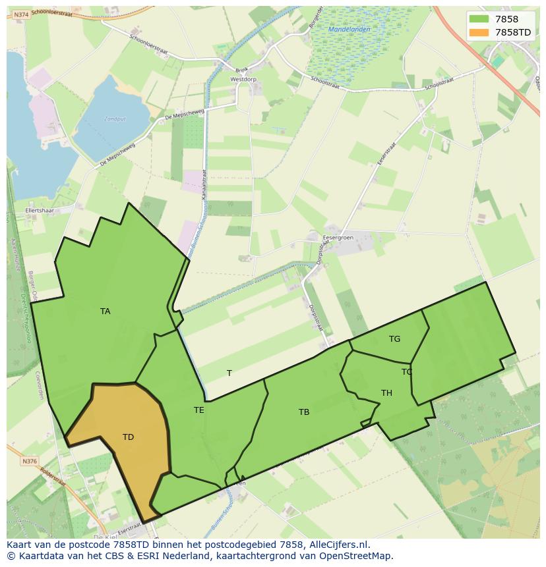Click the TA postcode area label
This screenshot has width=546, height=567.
106,311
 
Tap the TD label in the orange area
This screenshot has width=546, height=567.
128,437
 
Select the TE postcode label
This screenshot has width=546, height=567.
198,410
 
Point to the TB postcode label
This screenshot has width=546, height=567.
303,412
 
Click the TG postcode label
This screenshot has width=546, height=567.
394,339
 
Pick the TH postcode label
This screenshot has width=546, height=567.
386,393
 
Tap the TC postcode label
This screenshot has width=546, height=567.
407,372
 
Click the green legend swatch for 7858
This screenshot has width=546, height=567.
479,19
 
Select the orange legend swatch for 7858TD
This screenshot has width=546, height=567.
479,32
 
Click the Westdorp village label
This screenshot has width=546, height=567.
243,79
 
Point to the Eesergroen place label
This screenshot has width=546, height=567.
338,237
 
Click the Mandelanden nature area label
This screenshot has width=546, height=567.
349,30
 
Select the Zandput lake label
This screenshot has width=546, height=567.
114,119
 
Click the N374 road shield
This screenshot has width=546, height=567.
21,14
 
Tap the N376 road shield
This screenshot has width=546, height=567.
29,462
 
